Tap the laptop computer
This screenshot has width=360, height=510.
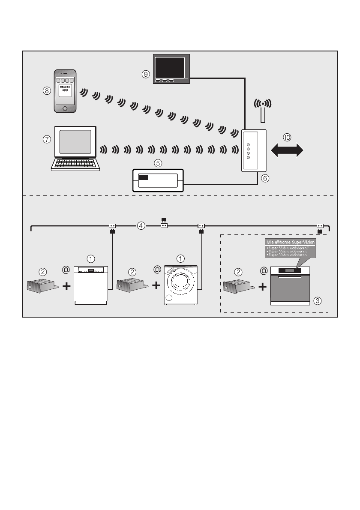point(75,148)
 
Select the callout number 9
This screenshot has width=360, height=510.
point(146,74)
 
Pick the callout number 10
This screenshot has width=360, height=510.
point(287,137)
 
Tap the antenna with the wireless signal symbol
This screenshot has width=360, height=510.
point(264,110)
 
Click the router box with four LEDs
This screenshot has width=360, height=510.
point(254,150)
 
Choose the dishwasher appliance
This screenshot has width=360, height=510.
point(90,285)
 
